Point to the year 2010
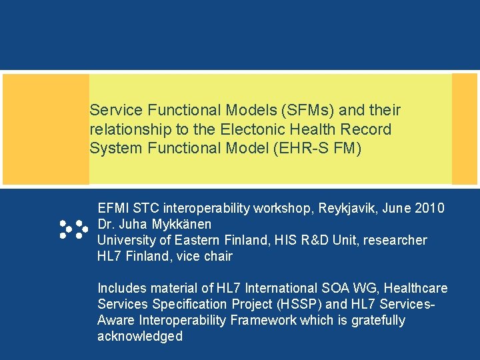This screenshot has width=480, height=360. tap(429, 208)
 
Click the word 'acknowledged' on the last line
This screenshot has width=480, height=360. tap(139, 336)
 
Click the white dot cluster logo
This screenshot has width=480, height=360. tap(73, 229)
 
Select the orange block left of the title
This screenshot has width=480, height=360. tap(46, 129)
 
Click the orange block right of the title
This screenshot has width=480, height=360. tap(465, 129)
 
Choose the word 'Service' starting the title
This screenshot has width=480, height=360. tap(111, 109)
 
